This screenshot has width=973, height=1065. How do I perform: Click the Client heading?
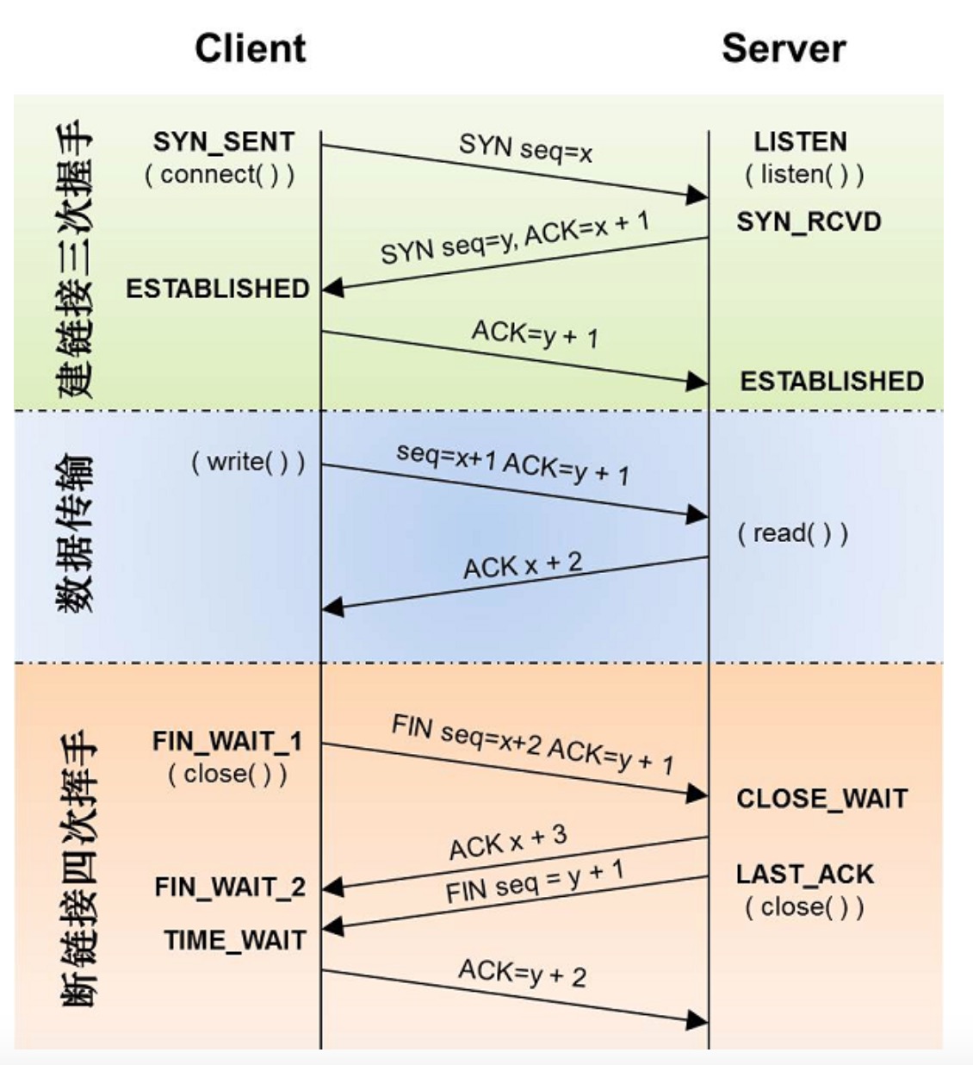pyautogui.click(x=251, y=49)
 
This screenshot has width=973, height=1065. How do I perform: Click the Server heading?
pyautogui.click(x=784, y=49)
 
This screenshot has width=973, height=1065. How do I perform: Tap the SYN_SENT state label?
pyautogui.click(x=224, y=142)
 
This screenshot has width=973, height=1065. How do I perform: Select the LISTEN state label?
pyautogui.click(x=801, y=142)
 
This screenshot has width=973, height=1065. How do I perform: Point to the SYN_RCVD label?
pyautogui.click(x=809, y=221)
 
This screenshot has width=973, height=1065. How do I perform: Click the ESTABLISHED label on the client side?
pyautogui.click(x=218, y=289)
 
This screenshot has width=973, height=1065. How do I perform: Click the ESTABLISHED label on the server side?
pyautogui.click(x=832, y=381)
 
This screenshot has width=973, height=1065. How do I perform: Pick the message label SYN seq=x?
pyautogui.click(x=525, y=148)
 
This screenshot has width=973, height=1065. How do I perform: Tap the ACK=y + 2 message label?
pyautogui.click(x=523, y=973)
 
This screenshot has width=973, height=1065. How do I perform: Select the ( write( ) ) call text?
pyautogui.click(x=248, y=462)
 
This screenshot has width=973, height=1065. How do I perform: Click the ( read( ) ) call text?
pyautogui.click(x=793, y=533)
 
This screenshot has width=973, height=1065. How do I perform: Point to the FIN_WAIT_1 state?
pyautogui.click(x=227, y=741)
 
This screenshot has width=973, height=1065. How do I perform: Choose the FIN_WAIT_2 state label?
pyautogui.click(x=230, y=887)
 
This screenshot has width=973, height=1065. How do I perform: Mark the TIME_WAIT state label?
pyautogui.click(x=235, y=940)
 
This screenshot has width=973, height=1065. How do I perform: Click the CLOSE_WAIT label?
pyautogui.click(x=821, y=799)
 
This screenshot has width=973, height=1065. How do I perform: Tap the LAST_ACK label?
pyautogui.click(x=804, y=875)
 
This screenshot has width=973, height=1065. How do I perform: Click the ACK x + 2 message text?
pyautogui.click(x=523, y=565)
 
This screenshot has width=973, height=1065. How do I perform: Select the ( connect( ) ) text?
pyautogui.click(x=220, y=175)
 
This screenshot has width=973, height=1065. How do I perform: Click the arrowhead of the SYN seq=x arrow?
pyautogui.click(x=697, y=195)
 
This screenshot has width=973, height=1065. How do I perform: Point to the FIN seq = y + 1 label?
pyautogui.click(x=535, y=882)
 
